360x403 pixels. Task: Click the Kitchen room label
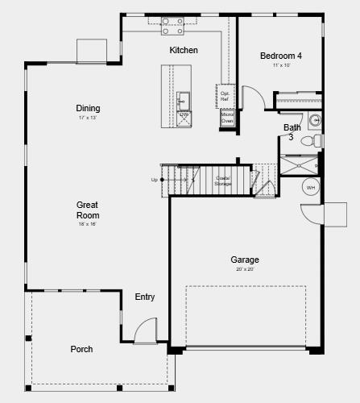point(183,50)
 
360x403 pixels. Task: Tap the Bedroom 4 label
point(280,56)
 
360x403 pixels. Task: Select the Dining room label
point(88,109)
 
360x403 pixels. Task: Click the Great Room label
point(88,210)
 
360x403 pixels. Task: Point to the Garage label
point(245,260)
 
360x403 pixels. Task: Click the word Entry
point(145,297)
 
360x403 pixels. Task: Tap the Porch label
point(81,349)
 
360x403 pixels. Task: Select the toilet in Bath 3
point(311,141)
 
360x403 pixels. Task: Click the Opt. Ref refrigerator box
point(226,96)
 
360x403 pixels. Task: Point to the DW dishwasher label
point(184,115)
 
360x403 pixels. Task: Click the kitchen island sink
point(183,101)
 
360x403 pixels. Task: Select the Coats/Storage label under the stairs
point(223,181)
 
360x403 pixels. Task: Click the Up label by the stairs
point(155,180)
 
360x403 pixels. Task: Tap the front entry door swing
point(146,330)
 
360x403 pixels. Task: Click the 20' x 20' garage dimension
point(245,269)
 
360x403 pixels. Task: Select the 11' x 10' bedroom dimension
point(280,65)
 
